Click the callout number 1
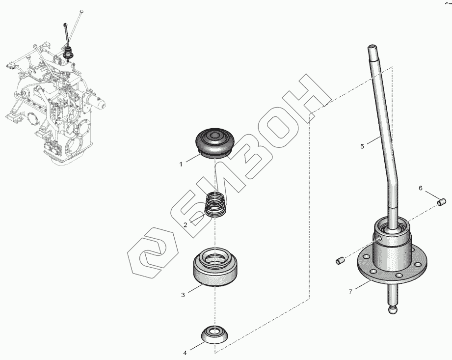point(181,165)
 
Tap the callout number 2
point(186,225)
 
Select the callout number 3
point(183,295)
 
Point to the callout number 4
point(185,353)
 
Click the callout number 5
point(362,146)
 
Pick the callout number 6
point(420,188)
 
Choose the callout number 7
point(350,292)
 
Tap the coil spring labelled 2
point(215,204)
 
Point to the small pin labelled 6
point(442,202)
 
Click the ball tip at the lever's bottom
point(393,310)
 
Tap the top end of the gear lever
point(372,46)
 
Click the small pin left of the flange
point(340,260)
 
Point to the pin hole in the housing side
point(380,238)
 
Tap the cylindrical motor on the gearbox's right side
point(96,102)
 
